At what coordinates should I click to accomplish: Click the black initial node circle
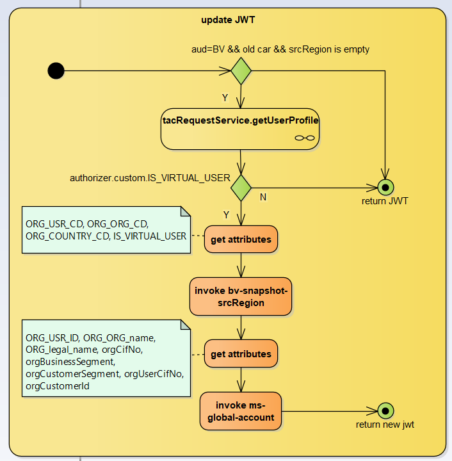(56, 70)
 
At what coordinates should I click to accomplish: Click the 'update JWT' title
(228, 20)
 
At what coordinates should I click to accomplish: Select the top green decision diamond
(241, 70)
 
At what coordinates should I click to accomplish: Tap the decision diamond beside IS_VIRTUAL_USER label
(241, 188)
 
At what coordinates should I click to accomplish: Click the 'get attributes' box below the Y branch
(241, 240)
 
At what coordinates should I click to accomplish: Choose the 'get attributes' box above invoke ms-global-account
(241, 354)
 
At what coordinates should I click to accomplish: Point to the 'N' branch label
(263, 197)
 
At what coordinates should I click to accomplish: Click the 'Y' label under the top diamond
(225, 97)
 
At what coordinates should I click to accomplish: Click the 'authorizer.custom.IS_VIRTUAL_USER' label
(150, 177)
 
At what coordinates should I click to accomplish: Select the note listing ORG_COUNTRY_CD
(106, 230)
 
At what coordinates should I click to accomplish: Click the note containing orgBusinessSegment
(106, 357)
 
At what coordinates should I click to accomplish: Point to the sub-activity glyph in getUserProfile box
(304, 138)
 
